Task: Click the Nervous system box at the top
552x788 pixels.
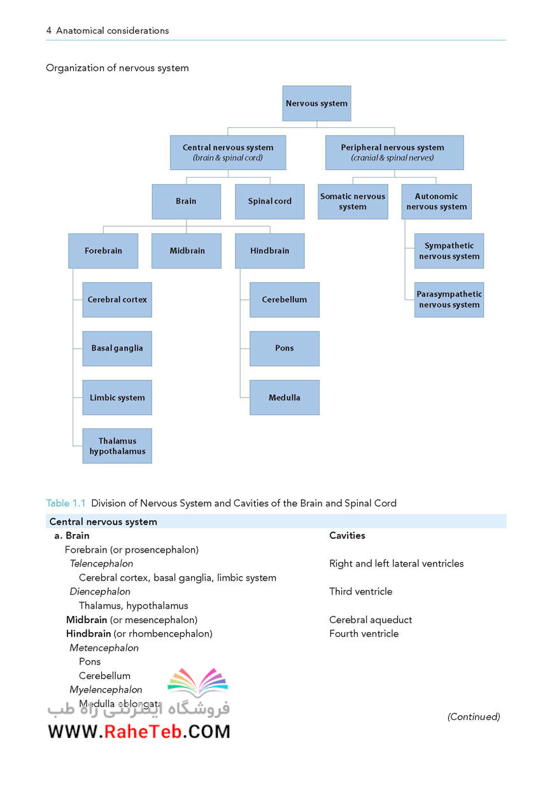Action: coord(316,103)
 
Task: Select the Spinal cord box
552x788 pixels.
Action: coord(269,202)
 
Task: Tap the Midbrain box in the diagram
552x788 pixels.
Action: coord(187,251)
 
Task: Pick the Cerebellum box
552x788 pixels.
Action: coord(284,300)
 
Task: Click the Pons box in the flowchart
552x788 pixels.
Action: coord(284,348)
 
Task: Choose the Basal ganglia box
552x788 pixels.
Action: coord(117,348)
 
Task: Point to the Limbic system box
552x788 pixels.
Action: coord(117,398)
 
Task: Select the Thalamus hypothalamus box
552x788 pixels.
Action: coord(117,446)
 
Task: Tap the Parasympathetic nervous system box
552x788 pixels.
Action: coord(449,300)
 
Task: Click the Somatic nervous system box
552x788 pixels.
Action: coord(353,202)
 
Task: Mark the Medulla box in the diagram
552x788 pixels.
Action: coord(284,398)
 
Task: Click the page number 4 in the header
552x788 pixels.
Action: coord(48,31)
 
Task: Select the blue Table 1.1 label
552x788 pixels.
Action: coord(66,503)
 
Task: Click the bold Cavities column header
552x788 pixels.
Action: coord(347,535)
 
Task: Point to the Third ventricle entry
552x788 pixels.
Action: coord(360,591)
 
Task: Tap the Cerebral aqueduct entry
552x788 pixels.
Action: coord(371,619)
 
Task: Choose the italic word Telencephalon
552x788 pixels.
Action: coord(101,563)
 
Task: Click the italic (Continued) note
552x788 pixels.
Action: coord(474,717)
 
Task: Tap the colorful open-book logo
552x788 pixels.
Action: coord(198,683)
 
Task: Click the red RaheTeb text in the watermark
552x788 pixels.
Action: coord(143,731)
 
